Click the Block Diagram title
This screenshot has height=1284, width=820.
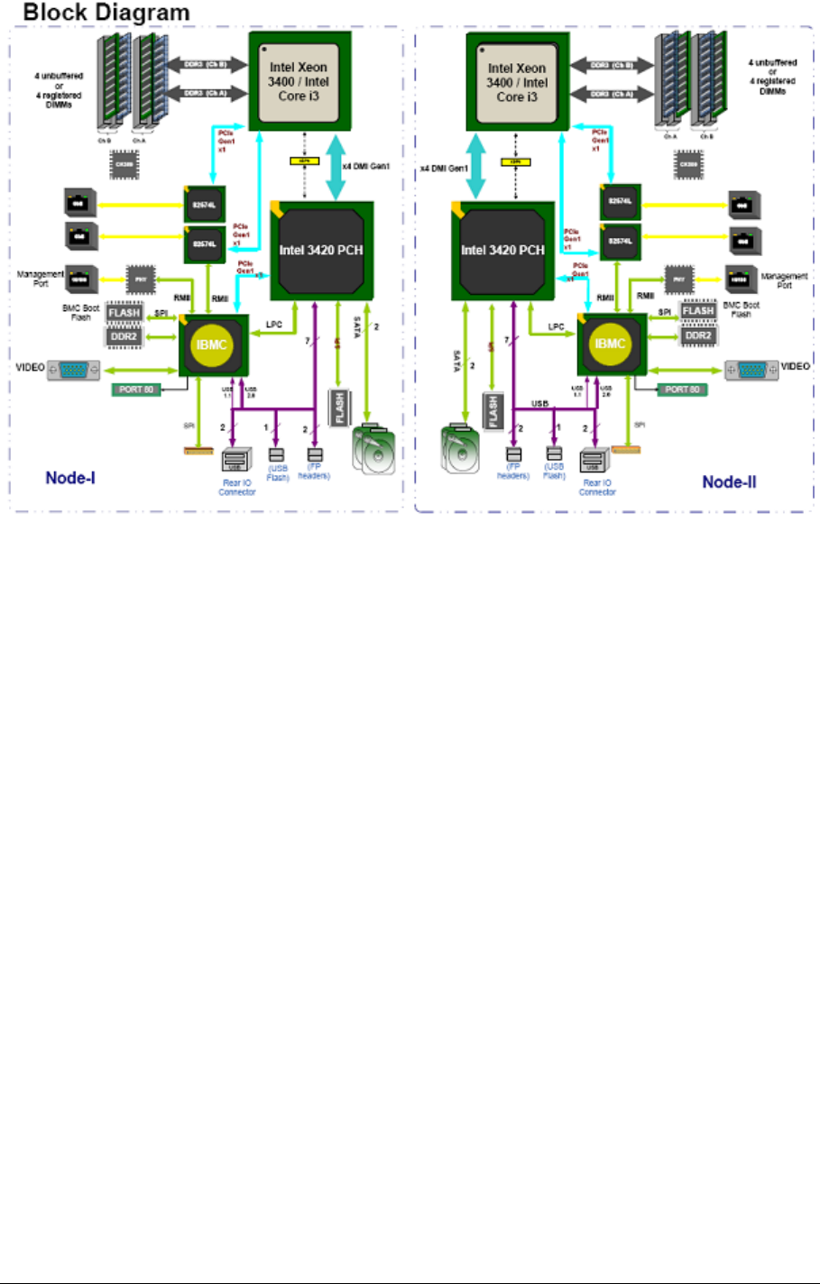pos(106,13)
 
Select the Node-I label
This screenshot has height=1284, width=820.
pos(70,477)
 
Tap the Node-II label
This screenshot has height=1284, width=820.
pos(729,481)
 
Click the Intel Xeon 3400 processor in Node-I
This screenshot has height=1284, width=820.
pos(299,81)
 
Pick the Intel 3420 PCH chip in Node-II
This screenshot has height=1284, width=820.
pos(502,250)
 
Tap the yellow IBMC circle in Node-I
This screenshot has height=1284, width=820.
pos(212,344)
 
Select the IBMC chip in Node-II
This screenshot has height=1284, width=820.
pos(610,344)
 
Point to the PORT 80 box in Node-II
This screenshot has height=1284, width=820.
pos(682,390)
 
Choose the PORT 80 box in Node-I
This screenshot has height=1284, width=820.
pos(136,390)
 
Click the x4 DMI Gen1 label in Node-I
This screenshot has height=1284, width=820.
pos(366,166)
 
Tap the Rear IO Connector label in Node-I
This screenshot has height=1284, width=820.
pos(237,488)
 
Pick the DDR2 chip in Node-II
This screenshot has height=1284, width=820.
pos(697,336)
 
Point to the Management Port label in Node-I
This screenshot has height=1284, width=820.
pos(40,278)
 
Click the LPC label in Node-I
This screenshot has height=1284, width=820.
pos(274,325)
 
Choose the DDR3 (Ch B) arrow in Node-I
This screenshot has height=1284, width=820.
pos(206,65)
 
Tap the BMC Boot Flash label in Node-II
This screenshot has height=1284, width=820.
pos(741,309)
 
